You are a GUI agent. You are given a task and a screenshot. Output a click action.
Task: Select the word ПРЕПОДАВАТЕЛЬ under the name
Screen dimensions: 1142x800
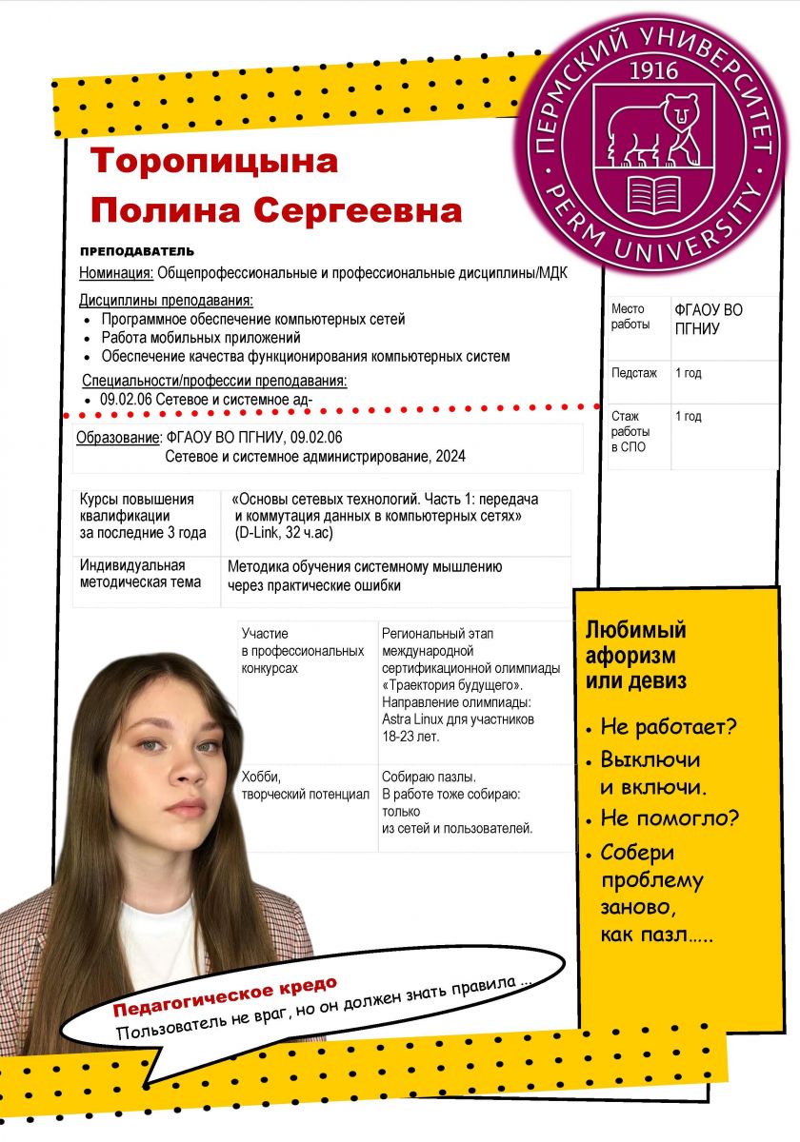coord(137,251)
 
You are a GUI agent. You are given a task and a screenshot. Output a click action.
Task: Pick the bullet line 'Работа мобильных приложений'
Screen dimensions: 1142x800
coord(201,337)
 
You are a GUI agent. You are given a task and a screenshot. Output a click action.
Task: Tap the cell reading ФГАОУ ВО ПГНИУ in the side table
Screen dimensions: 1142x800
coord(709,319)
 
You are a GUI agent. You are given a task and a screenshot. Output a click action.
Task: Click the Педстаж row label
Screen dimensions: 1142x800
coord(634,373)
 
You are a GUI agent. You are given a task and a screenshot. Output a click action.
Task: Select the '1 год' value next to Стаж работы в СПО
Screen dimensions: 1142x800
coord(688,417)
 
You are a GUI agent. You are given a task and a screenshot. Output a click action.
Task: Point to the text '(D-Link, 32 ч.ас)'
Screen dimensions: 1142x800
coord(284,533)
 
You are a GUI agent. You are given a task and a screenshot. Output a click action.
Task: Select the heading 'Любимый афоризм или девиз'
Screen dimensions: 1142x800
coord(635,656)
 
